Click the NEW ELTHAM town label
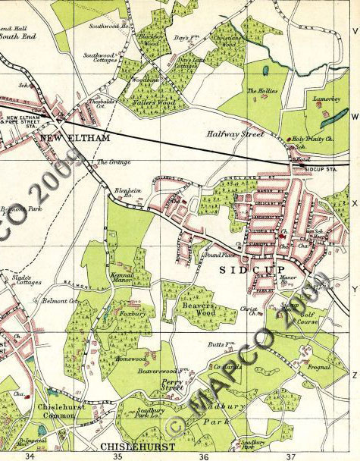pyautogui.click(x=75, y=137)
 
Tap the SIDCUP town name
pyautogui.click(x=244, y=270)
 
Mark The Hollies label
pyautogui.click(x=263, y=91)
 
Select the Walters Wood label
pyautogui.click(x=156, y=102)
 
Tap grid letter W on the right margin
pyautogui.click(x=354, y=117)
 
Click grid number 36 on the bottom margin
pyautogui.click(x=203, y=456)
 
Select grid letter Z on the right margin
pyautogui.click(x=354, y=375)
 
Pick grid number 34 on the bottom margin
pyautogui.click(x=30, y=456)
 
